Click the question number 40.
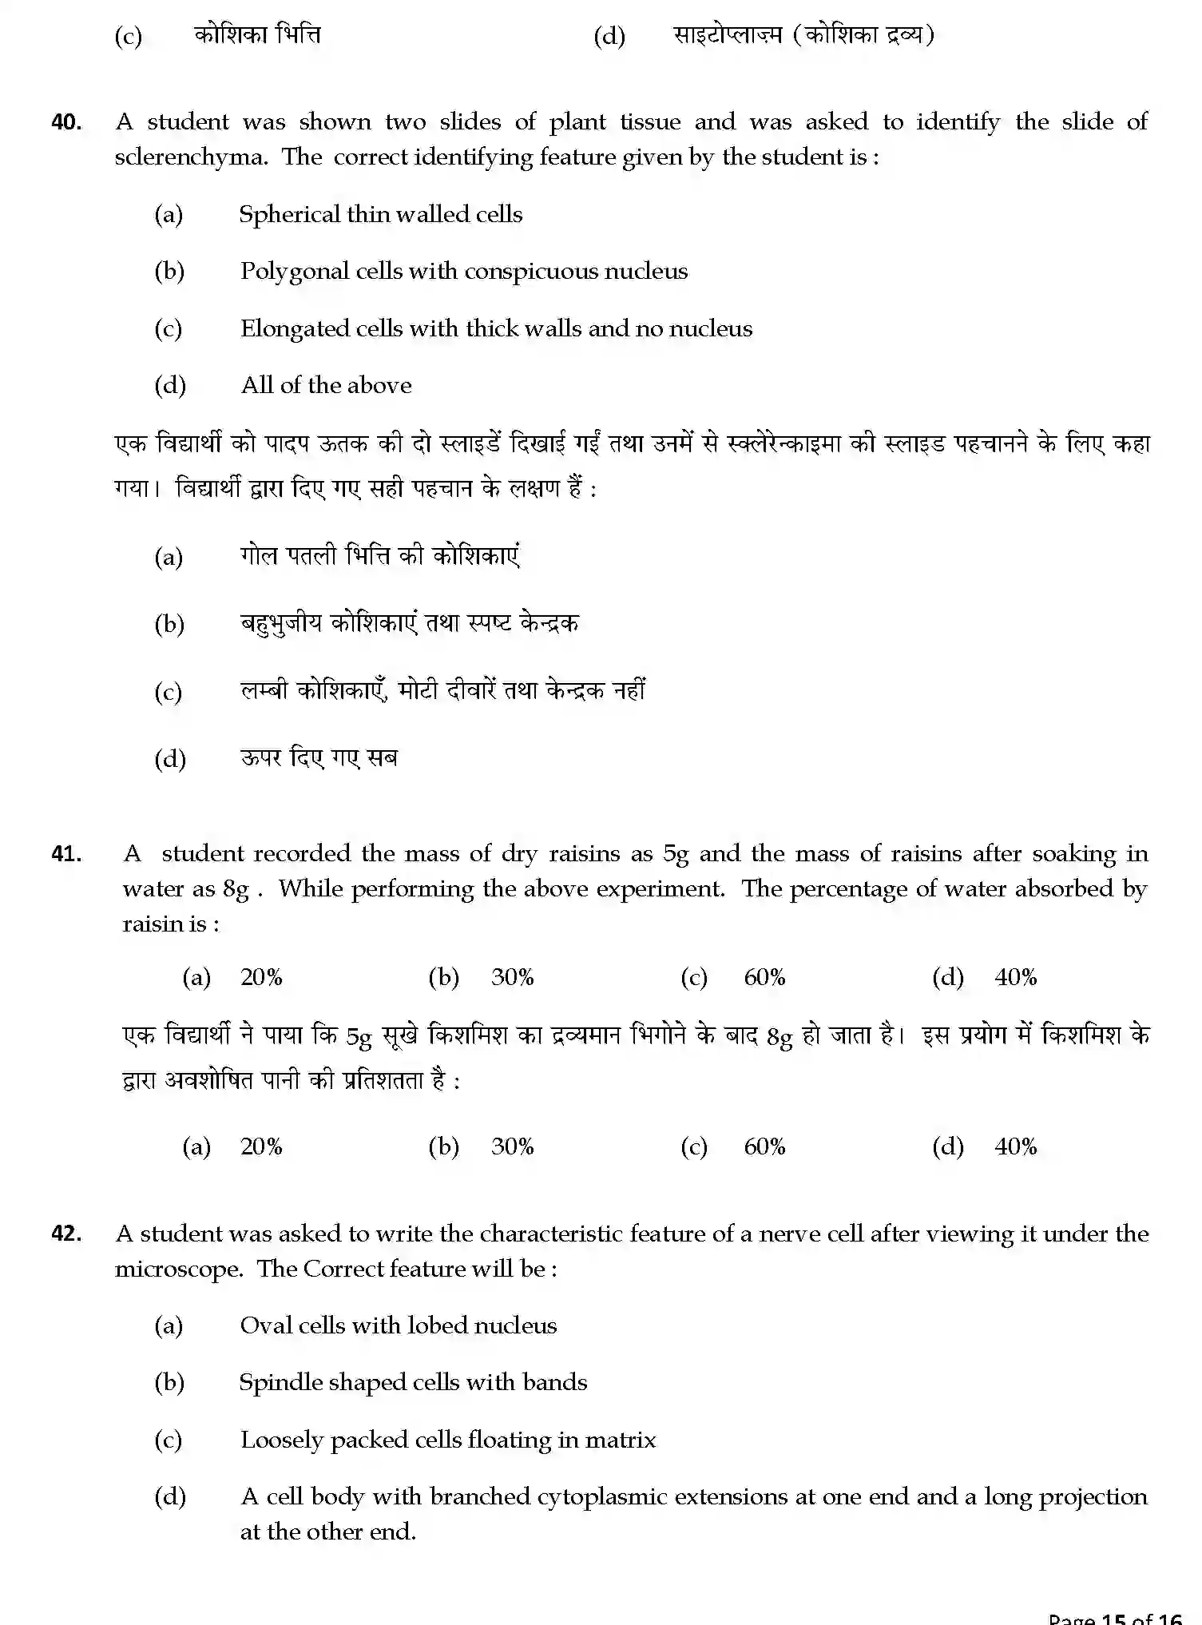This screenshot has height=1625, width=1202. tap(66, 122)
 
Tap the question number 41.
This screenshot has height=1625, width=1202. tap(66, 854)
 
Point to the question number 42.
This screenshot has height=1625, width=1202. tap(66, 1234)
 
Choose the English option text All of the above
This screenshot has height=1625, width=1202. tap(326, 385)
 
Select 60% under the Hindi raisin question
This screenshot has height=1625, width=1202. tap(764, 1147)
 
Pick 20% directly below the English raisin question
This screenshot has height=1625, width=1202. tap(261, 977)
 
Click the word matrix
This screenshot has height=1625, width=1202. tap(620, 1440)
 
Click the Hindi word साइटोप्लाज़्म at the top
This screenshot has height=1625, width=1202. tap(727, 35)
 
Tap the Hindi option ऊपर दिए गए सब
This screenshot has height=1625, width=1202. tap(319, 758)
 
